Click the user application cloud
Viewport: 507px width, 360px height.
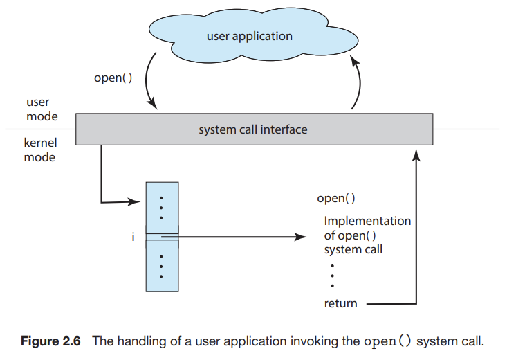pyautogui.click(x=253, y=35)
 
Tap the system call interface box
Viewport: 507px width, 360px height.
pyautogui.click(x=254, y=129)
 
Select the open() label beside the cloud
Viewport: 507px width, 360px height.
pyautogui.click(x=113, y=78)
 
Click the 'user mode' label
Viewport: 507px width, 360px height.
pyautogui.click(x=42, y=109)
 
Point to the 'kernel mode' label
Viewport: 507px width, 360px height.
pyautogui.click(x=40, y=150)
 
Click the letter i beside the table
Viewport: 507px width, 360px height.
pyautogui.click(x=133, y=237)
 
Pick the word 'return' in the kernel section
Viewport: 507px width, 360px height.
pyautogui.click(x=340, y=304)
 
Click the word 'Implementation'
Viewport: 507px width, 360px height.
pyautogui.click(x=367, y=221)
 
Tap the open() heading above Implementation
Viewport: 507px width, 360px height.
pyautogui.click(x=336, y=198)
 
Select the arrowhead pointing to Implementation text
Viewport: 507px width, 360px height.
pyautogui.click(x=300, y=237)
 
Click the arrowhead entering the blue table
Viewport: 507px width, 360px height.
pyautogui.click(x=134, y=201)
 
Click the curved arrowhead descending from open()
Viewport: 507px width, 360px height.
pyautogui.click(x=153, y=104)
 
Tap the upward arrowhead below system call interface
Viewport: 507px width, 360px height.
pyautogui.click(x=416, y=155)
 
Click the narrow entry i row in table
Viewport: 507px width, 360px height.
pyautogui.click(x=162, y=237)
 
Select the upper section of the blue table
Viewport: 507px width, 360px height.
pyautogui.click(x=162, y=208)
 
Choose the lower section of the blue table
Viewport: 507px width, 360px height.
pyautogui.click(x=162, y=266)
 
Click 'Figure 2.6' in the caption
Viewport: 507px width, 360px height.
pyautogui.click(x=50, y=341)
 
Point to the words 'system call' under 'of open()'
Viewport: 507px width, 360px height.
pyautogui.click(x=353, y=250)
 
